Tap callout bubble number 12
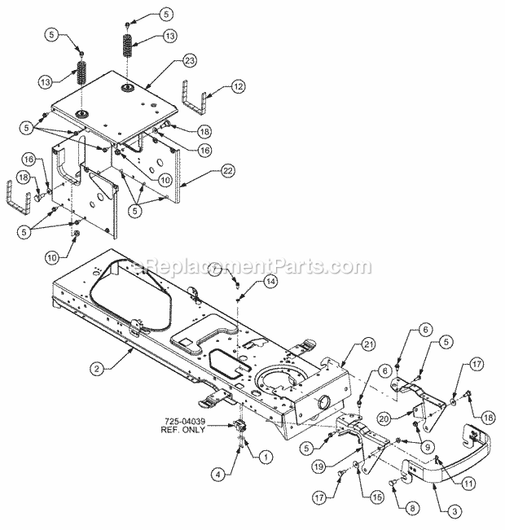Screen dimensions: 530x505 pos(238,86)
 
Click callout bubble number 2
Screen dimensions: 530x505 pos(97,369)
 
